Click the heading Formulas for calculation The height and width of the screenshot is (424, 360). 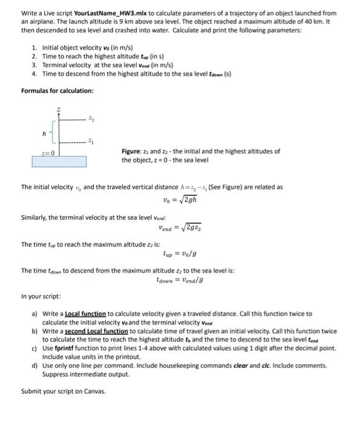tap(57, 90)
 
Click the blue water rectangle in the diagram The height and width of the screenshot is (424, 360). tap(59, 162)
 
